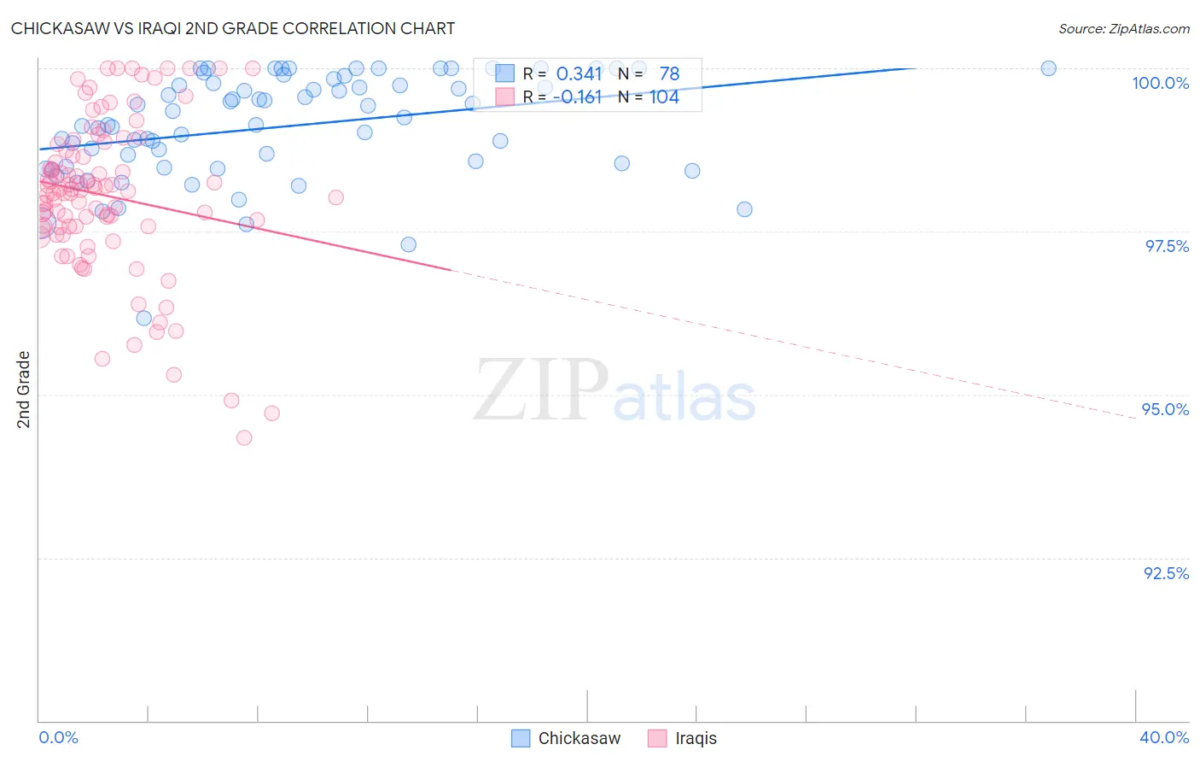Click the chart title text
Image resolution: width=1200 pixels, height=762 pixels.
[x=232, y=28]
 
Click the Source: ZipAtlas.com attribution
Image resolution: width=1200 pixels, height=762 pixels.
[x=1123, y=28]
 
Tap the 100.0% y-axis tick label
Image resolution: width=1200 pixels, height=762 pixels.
[x=1160, y=83]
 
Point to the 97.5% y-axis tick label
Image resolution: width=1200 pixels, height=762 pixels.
[x=1166, y=246]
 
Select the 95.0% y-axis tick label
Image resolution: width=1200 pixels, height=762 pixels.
[x=1165, y=409]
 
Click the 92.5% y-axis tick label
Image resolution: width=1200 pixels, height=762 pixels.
[x=1166, y=573]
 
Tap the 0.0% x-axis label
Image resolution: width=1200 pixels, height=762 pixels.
[x=58, y=737]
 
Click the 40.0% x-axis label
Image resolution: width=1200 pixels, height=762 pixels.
[x=1163, y=737]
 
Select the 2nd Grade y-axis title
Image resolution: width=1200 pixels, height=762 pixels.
[x=24, y=390]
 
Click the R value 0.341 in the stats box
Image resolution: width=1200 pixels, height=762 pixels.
[x=579, y=74]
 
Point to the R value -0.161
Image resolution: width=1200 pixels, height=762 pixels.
[x=577, y=97]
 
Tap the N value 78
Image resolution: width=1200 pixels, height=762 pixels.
[x=669, y=74]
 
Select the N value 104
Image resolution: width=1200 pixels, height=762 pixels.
[x=664, y=97]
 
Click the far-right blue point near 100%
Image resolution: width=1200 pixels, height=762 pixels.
[x=1048, y=68]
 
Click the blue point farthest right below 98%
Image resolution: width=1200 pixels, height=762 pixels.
[x=744, y=209]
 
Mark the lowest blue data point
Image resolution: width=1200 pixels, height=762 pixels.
[x=144, y=319]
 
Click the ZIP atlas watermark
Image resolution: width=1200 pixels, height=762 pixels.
[x=615, y=391]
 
